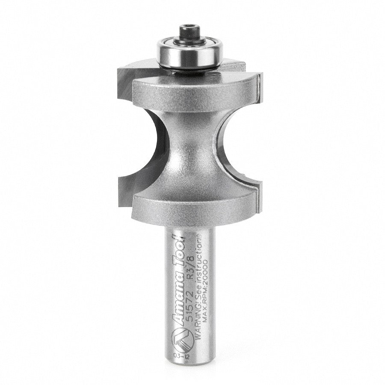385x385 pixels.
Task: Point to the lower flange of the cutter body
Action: [192, 210]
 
